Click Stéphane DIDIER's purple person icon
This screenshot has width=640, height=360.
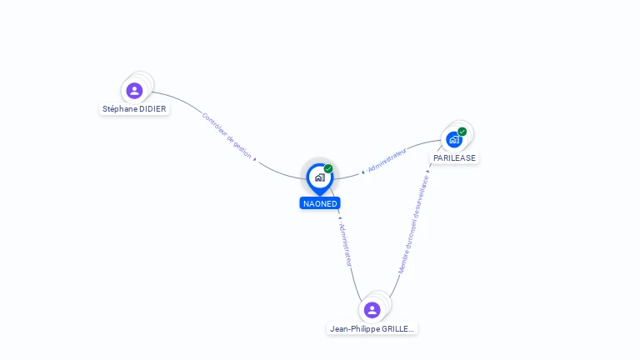pos(134,90)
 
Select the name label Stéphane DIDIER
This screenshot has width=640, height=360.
pos(134,109)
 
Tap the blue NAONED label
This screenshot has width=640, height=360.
pos(320,203)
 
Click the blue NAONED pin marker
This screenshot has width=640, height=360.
pos(320,177)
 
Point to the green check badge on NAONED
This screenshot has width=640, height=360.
pos(328,169)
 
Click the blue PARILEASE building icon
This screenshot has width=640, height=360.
pos(454,139)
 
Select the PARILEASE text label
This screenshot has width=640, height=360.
pos(455,157)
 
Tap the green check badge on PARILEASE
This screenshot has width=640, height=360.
pos(462,132)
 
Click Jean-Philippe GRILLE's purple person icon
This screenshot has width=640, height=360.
pos(372,310)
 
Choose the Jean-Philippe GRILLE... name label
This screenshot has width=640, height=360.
pos(372,329)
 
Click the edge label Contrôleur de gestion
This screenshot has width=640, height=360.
pos(227,135)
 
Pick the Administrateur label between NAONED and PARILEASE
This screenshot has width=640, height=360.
pos(387,161)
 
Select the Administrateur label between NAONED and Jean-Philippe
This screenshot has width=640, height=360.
pos(345,244)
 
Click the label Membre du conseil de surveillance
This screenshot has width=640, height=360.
pos(413,223)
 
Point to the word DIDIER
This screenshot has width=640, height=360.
pos(152,109)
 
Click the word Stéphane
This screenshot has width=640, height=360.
pos(119,109)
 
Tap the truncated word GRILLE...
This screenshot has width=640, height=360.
pos(397,329)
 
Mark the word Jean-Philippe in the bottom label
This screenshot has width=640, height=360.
pos(354,329)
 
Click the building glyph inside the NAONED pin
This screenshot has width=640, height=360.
pos(319,177)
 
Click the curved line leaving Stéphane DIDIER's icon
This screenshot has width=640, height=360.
pos(179,99)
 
